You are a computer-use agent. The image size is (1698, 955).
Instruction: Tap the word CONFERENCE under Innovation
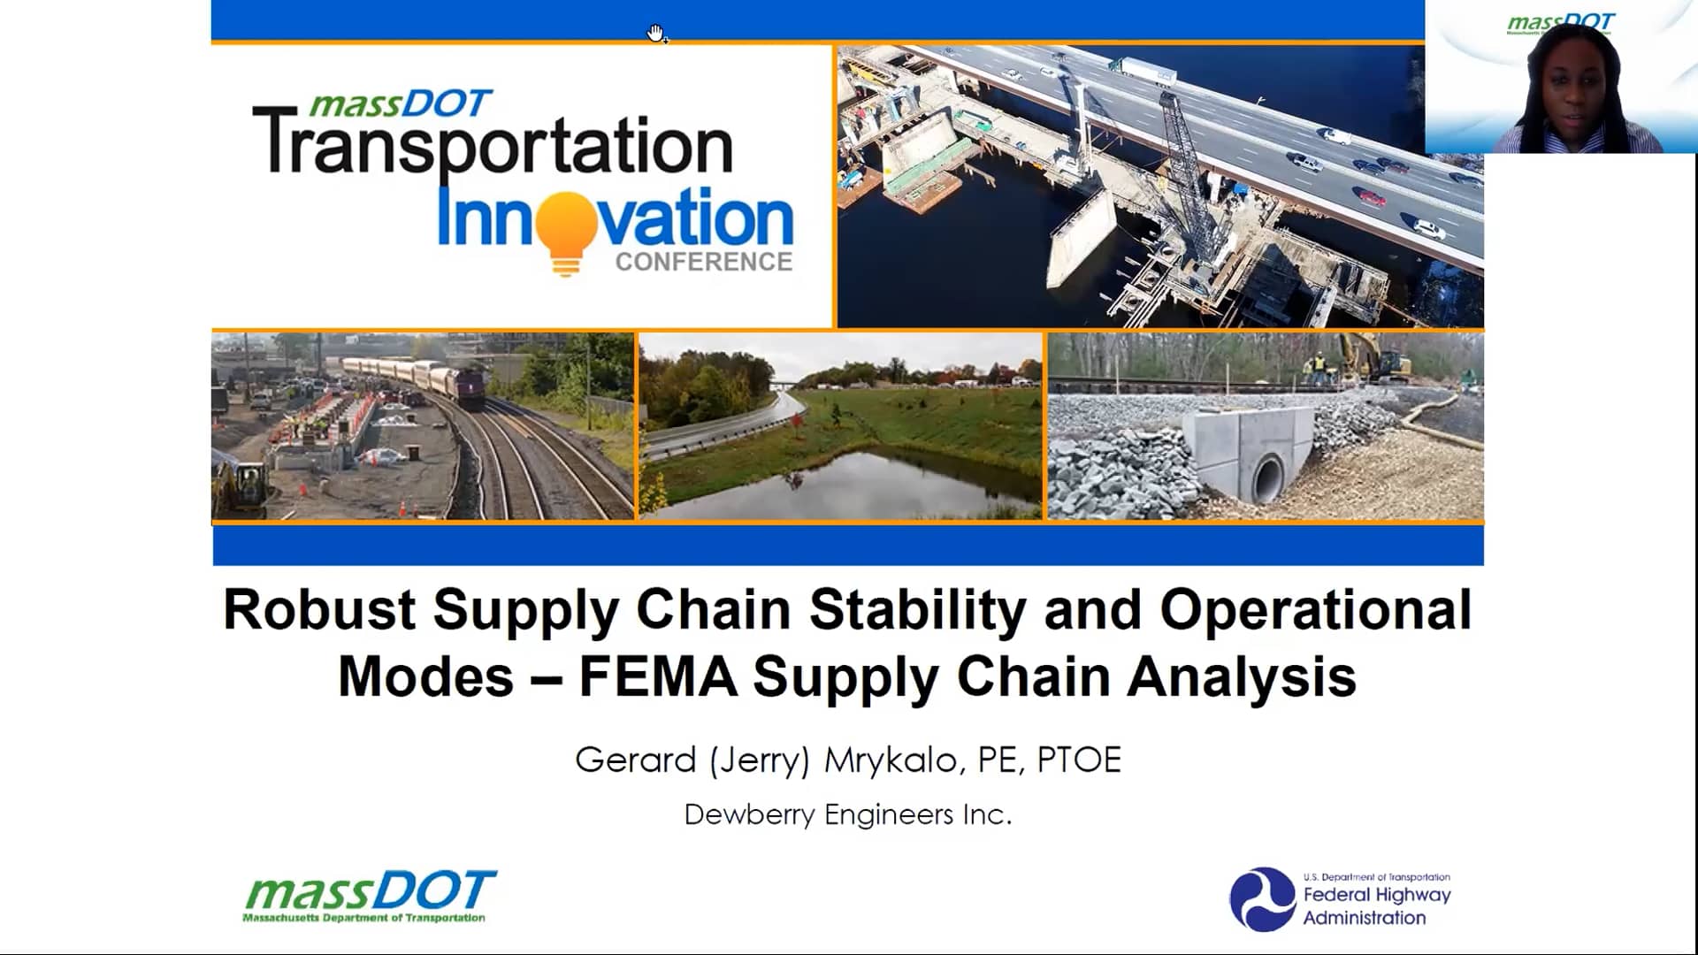pos(704,262)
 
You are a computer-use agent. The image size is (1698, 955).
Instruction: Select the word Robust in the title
pos(319,609)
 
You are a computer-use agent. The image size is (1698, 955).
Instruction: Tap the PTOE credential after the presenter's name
pos(1078,760)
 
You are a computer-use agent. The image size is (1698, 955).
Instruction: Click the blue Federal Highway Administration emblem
pos(1262,898)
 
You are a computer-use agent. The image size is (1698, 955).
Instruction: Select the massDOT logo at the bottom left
pos(370,896)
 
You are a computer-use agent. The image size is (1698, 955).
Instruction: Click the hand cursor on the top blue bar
pos(656,34)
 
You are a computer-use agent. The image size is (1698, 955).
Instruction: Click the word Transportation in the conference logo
pos(493,145)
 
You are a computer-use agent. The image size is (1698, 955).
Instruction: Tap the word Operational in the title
pos(1316,609)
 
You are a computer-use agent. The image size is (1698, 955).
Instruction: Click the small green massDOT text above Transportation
pos(400,104)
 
